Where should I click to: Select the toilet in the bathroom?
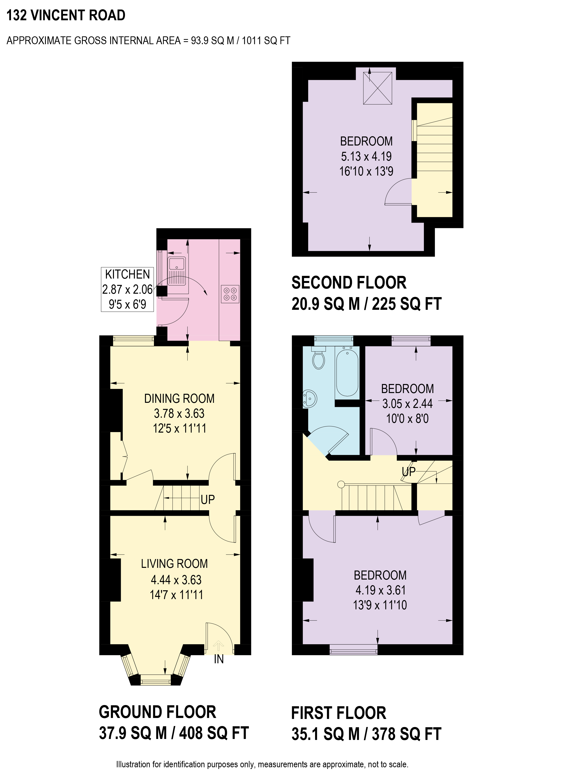(319, 359)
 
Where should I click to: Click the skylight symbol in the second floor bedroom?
(377, 88)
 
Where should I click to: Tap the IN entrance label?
(219, 659)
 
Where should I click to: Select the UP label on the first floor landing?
(409, 472)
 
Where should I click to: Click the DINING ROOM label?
(179, 398)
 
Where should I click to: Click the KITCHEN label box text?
(127, 274)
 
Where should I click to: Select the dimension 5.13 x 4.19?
(366, 156)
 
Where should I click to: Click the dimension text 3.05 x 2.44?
(407, 404)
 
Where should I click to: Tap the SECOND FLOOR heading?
(349, 283)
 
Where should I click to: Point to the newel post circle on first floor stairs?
(341, 484)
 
